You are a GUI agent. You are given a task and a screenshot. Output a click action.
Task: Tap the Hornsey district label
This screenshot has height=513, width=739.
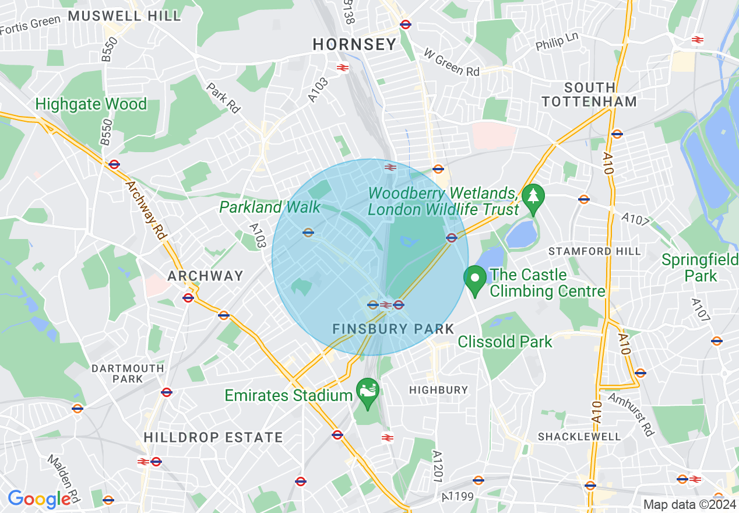coord(354,44)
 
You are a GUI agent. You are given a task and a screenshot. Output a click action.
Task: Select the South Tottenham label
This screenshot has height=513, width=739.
coord(589,94)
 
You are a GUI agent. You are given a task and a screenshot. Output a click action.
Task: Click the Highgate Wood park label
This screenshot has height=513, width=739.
coord(91,104)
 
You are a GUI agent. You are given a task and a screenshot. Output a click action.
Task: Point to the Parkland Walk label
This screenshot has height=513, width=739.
coord(270,207)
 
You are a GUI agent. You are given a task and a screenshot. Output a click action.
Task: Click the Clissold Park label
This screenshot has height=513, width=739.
coord(505,342)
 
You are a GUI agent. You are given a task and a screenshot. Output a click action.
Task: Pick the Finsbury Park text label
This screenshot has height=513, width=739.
coord(393,329)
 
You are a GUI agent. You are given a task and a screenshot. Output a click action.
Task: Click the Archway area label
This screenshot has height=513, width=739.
coord(205,276)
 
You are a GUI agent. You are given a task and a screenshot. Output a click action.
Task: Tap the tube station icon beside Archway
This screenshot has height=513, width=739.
coord(188,298)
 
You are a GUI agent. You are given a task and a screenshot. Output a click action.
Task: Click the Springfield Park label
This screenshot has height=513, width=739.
coord(699,267)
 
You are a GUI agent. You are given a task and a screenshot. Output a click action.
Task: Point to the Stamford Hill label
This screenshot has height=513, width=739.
coord(594,251)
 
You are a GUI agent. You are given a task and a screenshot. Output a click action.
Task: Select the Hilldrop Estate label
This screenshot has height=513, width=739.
coord(213,437)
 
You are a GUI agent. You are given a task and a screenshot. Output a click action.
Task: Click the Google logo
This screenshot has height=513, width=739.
coord(39,499)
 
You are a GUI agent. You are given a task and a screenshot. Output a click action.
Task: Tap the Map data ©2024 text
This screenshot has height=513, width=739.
coord(689,504)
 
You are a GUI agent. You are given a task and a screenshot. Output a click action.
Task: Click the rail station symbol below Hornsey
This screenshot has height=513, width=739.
coord(343,68)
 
